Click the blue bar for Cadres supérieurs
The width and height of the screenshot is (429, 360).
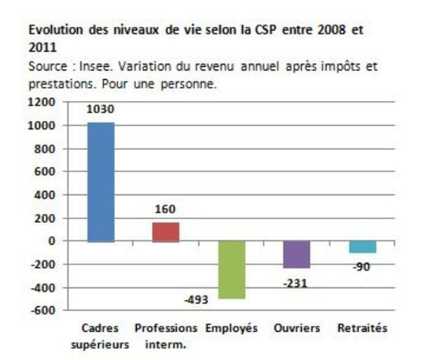(101, 182)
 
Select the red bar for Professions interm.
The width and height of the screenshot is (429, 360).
(165, 232)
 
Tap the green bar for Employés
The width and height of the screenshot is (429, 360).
(231, 270)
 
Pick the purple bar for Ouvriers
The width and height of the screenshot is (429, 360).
(297, 254)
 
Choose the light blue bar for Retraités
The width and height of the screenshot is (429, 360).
(362, 247)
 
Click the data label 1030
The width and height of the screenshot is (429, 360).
(101, 110)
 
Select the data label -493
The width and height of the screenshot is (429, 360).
(197, 300)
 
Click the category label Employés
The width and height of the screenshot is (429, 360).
(231, 328)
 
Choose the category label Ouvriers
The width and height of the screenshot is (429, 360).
(297, 328)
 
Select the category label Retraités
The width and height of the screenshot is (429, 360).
(362, 328)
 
